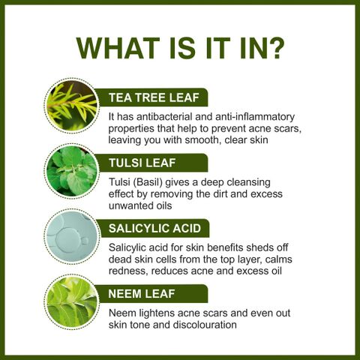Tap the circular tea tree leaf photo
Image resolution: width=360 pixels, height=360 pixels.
click(x=72, y=106)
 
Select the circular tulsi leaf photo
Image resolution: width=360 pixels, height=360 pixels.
click(x=72, y=171)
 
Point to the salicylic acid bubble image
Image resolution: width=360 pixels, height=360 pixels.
click(x=72, y=237)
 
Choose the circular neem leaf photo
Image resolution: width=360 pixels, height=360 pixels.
click(x=72, y=302)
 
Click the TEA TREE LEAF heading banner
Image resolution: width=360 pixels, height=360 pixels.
click(x=152, y=97)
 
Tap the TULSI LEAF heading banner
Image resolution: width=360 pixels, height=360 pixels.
click(x=152, y=163)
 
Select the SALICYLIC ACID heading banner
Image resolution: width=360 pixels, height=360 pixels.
click(x=153, y=228)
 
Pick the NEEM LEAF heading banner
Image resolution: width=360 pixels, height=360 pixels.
click(x=152, y=293)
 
